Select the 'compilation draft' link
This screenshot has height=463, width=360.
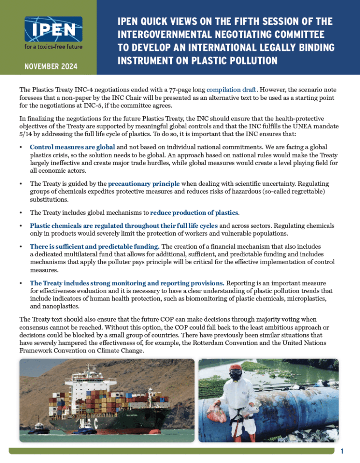(233, 89)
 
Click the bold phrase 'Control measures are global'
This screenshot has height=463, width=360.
(72, 147)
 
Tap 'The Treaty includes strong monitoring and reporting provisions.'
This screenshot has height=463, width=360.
(127, 283)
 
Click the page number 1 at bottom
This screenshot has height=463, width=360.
(342, 451)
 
